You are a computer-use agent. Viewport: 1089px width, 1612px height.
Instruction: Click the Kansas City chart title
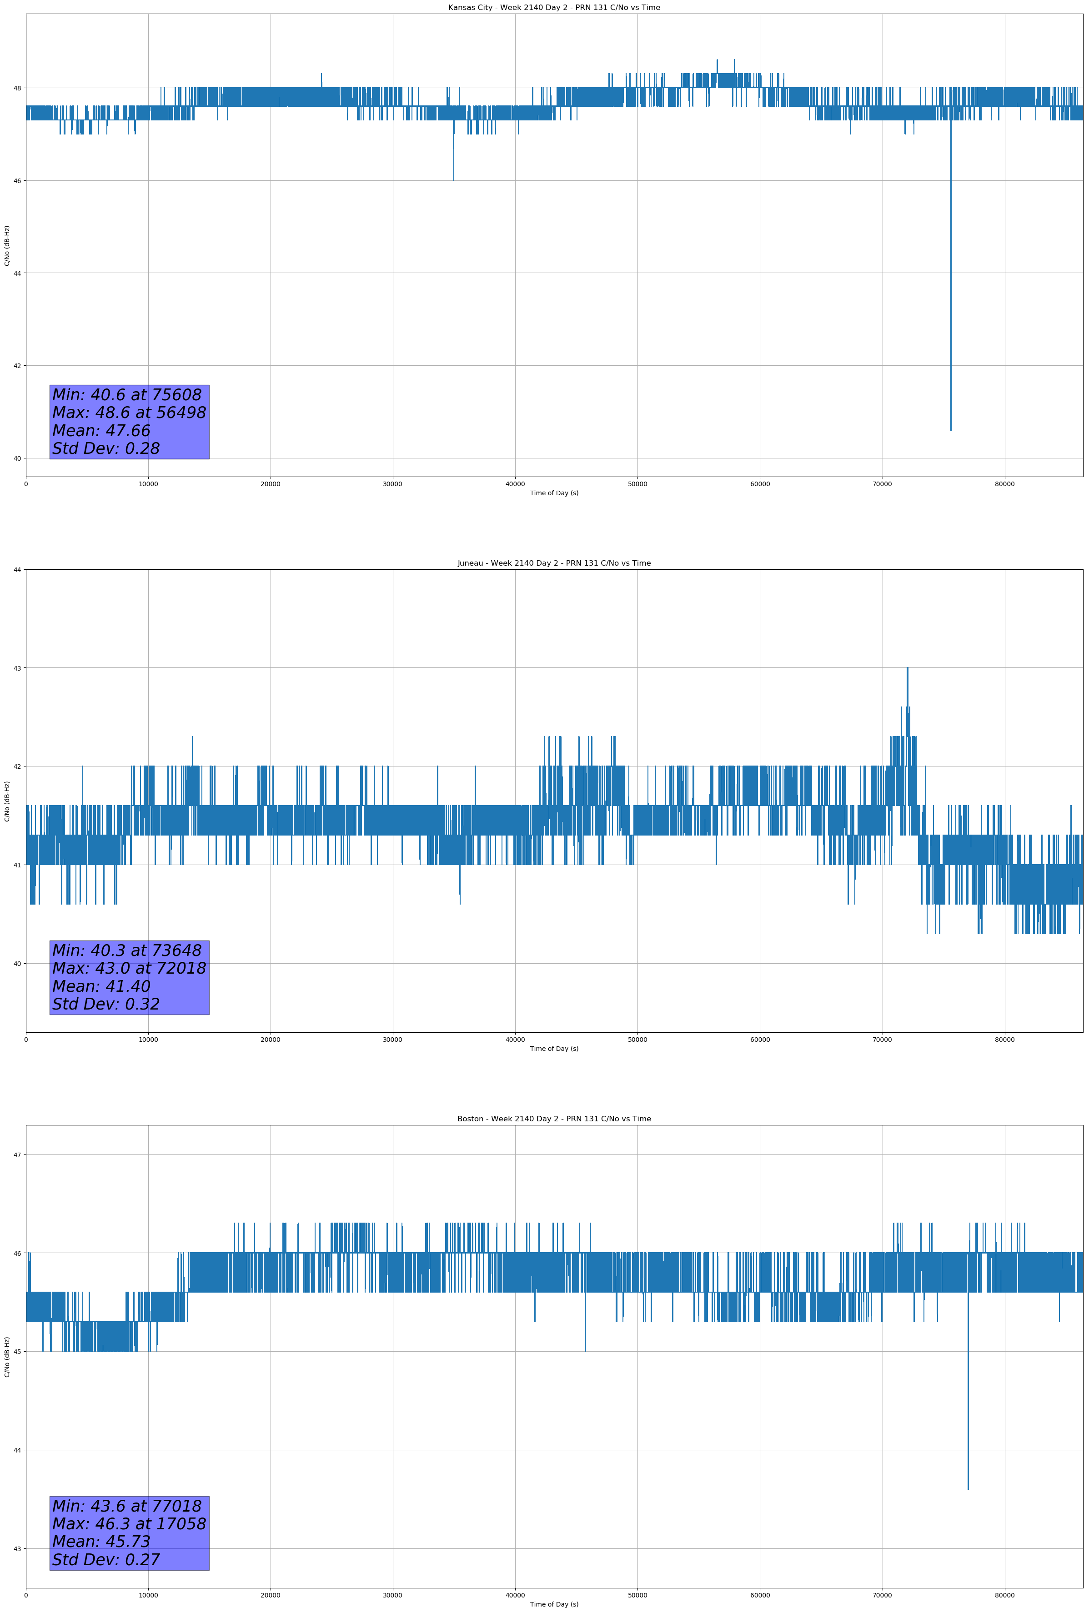tap(554, 8)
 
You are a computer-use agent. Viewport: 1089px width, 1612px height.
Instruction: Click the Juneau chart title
tap(554, 563)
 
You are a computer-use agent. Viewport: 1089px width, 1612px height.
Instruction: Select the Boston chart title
tap(554, 1119)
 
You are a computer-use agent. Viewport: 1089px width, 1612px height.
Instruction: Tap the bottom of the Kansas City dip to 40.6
tap(951, 430)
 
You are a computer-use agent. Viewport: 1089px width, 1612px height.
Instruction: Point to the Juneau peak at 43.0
tap(907, 668)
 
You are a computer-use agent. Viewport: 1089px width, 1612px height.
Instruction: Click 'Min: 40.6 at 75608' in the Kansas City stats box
tap(127, 395)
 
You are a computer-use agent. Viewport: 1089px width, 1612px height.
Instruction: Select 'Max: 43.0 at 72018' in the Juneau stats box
tap(129, 968)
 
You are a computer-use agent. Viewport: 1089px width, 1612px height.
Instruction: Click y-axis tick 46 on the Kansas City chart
tap(17, 180)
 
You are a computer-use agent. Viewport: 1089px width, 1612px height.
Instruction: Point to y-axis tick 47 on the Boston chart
tap(17, 1155)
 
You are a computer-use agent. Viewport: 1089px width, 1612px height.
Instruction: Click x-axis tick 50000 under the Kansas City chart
tap(637, 484)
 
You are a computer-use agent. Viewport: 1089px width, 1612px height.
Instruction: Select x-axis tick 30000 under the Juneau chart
tap(393, 1040)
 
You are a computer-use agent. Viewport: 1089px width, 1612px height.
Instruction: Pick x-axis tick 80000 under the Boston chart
tap(1004, 1595)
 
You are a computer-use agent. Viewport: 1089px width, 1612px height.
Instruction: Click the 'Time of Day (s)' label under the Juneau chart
tap(554, 1049)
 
